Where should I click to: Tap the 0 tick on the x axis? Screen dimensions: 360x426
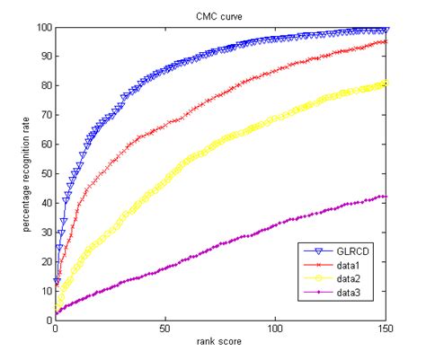coord(55,329)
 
